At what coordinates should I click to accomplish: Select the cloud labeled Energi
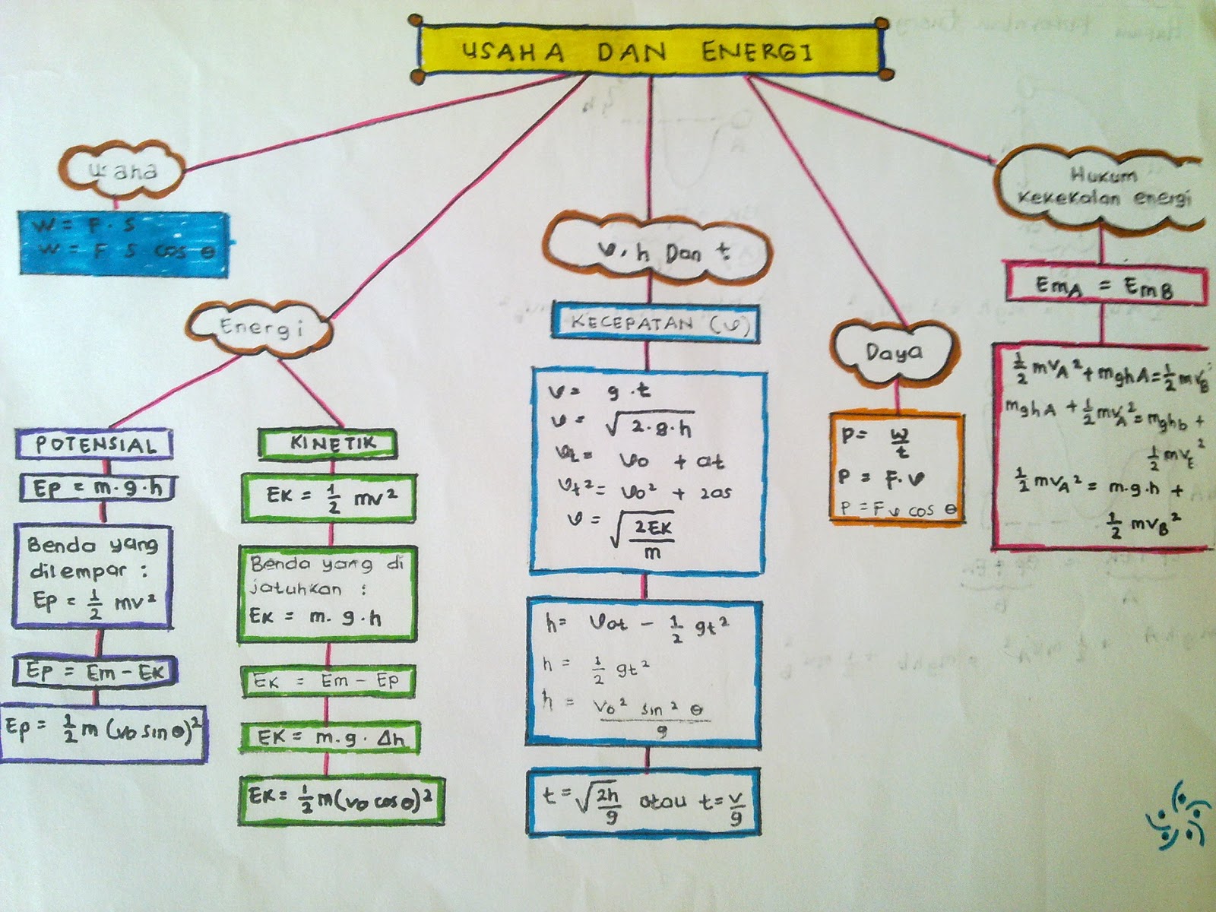tap(261, 328)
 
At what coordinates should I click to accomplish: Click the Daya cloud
tap(895, 353)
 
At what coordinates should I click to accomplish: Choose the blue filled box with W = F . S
tap(124, 242)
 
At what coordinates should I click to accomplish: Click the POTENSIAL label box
tap(94, 445)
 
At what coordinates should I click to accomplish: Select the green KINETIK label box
tap(328, 443)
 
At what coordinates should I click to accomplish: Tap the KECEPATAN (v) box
tap(656, 322)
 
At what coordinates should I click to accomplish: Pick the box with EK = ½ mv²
tap(329, 498)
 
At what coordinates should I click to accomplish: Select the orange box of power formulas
tap(897, 467)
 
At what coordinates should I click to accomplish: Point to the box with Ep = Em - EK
tap(95, 671)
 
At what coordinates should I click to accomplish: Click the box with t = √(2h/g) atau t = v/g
tap(644, 803)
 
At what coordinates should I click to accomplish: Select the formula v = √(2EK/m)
tap(623, 532)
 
